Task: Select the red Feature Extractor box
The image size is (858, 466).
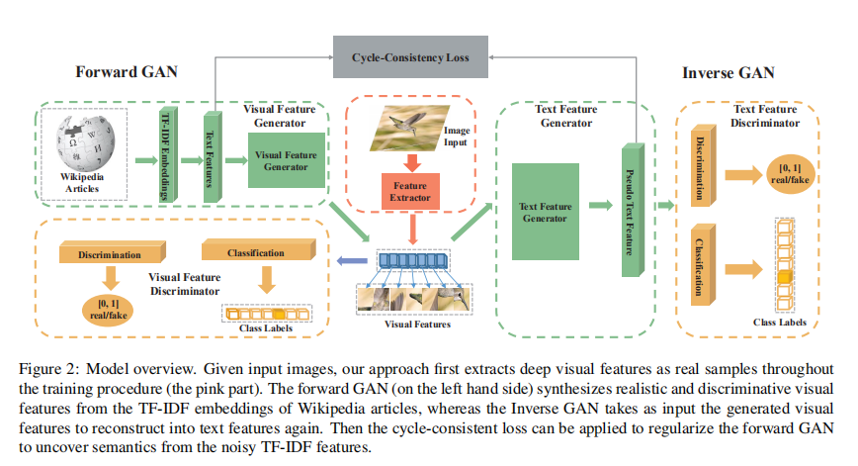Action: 409,190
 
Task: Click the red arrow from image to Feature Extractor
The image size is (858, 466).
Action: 409,160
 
